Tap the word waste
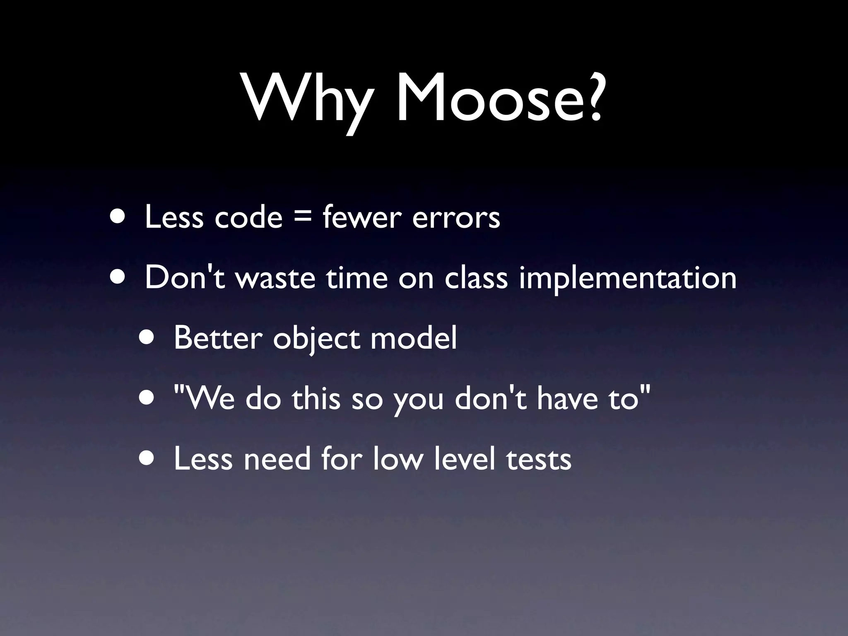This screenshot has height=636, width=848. (275, 277)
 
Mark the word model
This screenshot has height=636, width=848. (414, 337)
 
